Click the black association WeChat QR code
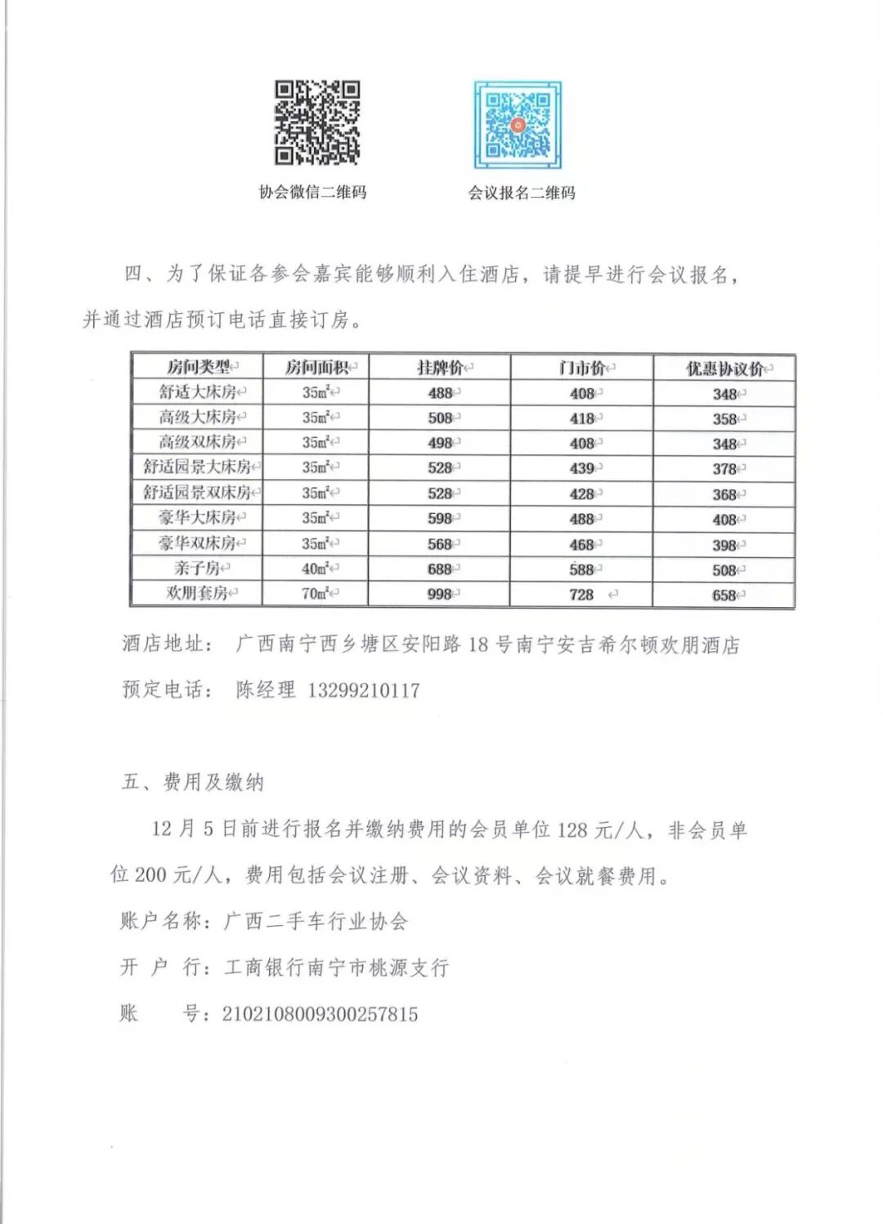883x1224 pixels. [316, 123]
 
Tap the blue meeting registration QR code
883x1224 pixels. [518, 125]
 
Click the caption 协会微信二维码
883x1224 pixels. [312, 192]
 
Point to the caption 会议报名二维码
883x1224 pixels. [522, 193]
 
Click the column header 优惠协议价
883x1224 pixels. [724, 369]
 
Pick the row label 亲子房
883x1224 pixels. [198, 568]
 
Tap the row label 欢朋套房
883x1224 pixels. [197, 593]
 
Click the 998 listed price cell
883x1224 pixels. [440, 594]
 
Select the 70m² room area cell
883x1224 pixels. [316, 593]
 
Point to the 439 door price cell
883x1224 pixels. [582, 468]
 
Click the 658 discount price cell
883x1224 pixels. [724, 595]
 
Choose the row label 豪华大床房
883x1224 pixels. [198, 517]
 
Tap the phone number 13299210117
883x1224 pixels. [363, 690]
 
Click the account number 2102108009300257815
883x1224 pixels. [320, 1014]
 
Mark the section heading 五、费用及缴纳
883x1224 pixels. [193, 782]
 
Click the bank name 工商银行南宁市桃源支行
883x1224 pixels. [336, 967]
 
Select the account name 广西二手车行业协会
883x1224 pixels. [316, 922]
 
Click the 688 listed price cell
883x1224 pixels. [440, 569]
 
